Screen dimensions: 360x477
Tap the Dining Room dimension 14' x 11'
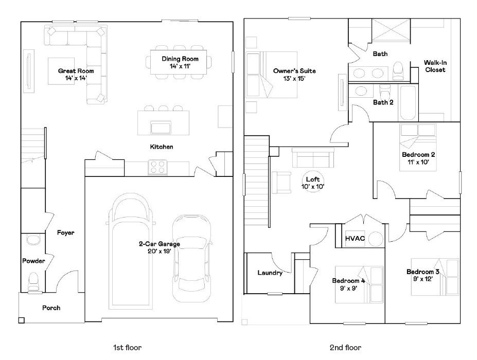click(x=176, y=67)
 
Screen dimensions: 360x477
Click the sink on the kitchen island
click(x=161, y=126)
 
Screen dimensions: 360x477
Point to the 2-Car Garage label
click(x=159, y=244)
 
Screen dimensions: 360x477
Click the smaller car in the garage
click(x=191, y=257)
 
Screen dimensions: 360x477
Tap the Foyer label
click(x=66, y=233)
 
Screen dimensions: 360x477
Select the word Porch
click(x=51, y=308)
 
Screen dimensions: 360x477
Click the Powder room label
click(x=33, y=261)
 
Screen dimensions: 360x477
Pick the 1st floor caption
click(x=127, y=348)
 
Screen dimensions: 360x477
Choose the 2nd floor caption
click(x=346, y=348)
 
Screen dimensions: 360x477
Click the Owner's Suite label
click(x=295, y=71)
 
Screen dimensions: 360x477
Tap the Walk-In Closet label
click(x=435, y=66)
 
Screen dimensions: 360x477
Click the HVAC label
click(x=355, y=239)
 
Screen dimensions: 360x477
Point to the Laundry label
click(x=270, y=273)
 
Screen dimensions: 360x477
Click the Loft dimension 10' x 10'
click(x=313, y=186)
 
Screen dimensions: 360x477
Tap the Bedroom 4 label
click(x=348, y=281)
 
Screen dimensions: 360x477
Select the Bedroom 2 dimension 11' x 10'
click(x=415, y=161)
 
